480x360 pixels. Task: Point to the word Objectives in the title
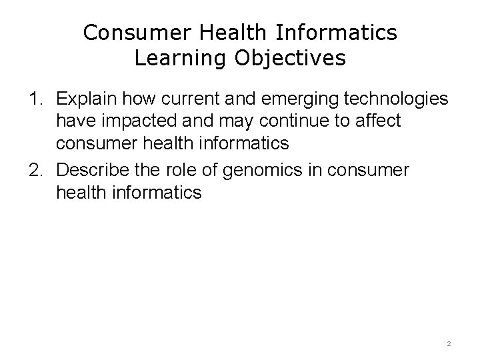(x=289, y=58)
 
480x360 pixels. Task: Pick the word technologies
(x=397, y=101)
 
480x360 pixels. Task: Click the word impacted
(x=129, y=123)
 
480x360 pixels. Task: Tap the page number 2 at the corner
(x=449, y=344)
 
